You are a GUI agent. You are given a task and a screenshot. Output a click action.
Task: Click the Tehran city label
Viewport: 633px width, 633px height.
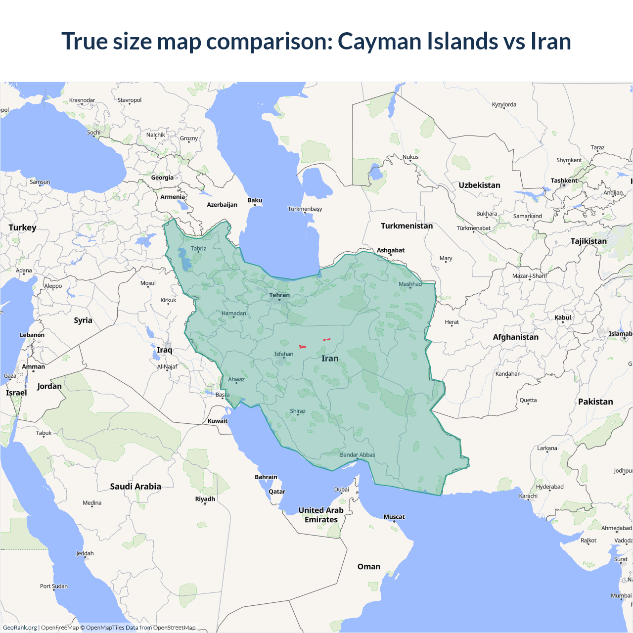(x=279, y=295)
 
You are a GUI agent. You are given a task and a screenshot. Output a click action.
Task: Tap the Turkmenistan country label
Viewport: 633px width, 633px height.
(x=407, y=226)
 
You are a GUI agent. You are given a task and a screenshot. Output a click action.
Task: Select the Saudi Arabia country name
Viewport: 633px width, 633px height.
(x=136, y=487)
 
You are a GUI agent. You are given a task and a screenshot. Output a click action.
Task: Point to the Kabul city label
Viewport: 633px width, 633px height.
(x=563, y=317)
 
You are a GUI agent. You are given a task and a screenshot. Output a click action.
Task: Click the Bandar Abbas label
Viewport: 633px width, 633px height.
(x=358, y=455)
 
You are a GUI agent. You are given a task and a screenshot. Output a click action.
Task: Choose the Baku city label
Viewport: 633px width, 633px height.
(x=255, y=200)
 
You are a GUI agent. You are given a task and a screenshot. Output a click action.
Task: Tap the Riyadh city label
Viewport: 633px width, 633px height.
(x=205, y=499)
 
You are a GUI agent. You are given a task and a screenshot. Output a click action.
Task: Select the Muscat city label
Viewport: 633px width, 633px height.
(x=394, y=517)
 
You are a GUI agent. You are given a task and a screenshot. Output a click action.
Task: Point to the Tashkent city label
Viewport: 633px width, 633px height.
(x=564, y=181)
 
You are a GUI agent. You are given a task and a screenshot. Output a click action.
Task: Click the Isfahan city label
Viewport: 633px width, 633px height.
(x=284, y=354)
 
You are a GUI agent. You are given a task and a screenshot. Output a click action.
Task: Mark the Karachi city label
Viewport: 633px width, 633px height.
(x=528, y=496)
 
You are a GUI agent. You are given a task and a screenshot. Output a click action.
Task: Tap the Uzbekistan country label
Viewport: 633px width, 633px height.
(x=479, y=185)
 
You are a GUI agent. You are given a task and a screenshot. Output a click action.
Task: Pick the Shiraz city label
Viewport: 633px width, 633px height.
(x=298, y=411)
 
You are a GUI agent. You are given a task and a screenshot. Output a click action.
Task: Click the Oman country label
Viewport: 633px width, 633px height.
(x=369, y=567)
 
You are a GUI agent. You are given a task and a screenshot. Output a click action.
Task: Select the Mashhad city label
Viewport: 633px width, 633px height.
(x=410, y=284)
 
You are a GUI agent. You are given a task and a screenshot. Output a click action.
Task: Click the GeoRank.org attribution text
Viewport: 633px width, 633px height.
(x=20, y=628)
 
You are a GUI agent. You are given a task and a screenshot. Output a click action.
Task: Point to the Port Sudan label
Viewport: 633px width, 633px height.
(x=54, y=586)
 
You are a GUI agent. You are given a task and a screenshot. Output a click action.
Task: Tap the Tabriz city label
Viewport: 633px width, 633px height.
(x=198, y=248)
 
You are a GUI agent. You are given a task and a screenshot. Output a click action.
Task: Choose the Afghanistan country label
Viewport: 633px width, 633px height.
(x=515, y=337)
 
